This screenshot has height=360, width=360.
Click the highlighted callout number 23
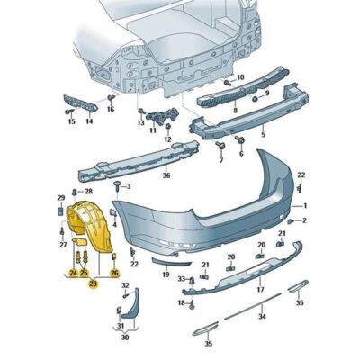(94, 283)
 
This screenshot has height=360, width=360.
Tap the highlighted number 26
(114, 273)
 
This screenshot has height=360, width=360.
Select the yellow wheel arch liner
(89, 224)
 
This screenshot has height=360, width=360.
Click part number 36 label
(166, 175)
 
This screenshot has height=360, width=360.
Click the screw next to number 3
(117, 187)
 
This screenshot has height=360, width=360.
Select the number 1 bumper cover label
(305, 206)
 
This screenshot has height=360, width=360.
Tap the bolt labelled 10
(229, 82)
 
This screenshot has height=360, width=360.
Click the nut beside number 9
(256, 98)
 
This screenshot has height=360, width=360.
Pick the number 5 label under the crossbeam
(263, 134)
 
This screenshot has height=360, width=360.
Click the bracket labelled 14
(80, 104)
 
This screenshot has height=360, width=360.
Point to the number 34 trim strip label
(263, 316)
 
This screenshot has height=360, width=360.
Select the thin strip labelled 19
(171, 262)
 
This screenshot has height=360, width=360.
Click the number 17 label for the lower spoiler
(260, 289)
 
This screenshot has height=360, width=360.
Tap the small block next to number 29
(60, 211)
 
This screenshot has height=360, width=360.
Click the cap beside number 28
(74, 192)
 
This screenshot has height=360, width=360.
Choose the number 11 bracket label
(153, 130)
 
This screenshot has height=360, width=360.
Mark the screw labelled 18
(193, 304)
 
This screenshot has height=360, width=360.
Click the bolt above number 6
(240, 139)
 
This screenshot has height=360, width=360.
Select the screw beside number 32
(126, 296)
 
